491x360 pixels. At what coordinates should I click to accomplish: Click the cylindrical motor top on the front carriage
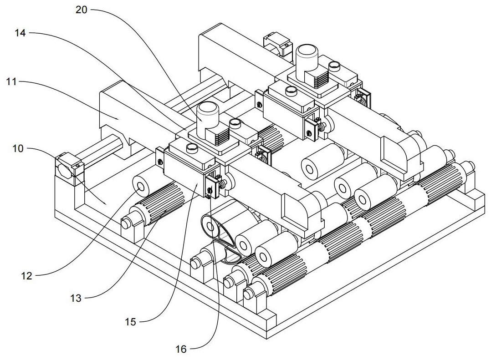click(x=207, y=110)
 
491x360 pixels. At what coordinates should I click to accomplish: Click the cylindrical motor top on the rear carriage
click(x=307, y=51)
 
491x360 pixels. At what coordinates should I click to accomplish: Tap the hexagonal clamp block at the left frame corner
click(x=66, y=167)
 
